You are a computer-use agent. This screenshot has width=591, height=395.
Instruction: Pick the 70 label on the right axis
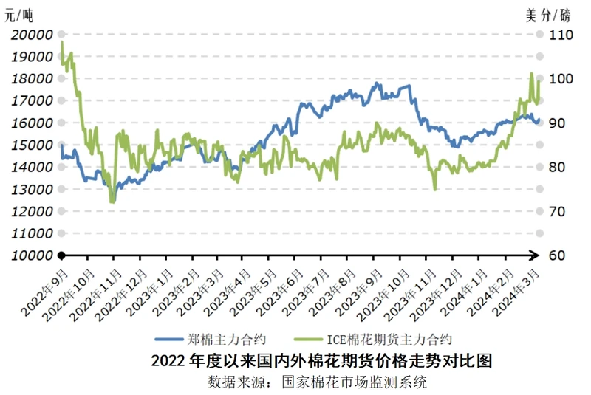click(x=557, y=211)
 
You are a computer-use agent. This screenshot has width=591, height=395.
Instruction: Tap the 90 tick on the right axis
click(x=557, y=123)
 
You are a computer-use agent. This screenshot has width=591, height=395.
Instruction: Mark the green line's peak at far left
click(x=61, y=43)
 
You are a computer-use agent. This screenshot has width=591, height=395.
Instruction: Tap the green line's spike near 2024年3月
click(x=532, y=74)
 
